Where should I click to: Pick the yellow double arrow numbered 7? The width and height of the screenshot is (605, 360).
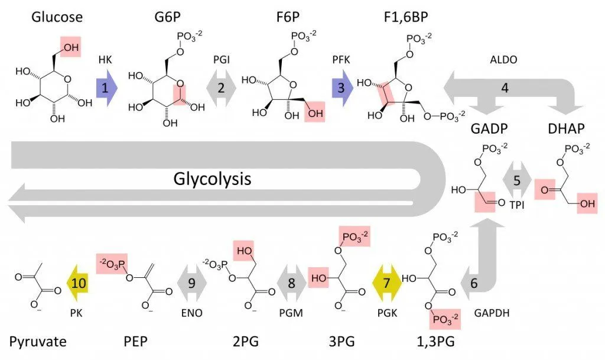[387, 283]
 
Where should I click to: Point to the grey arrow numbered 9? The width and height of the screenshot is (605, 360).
[191, 283]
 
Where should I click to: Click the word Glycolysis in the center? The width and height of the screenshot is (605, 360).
[212, 178]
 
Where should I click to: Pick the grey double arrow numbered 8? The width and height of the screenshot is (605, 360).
[291, 283]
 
